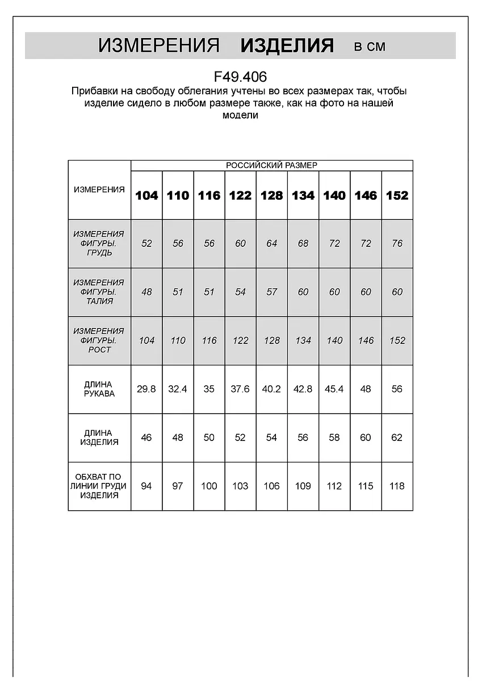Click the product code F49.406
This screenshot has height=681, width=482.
(240, 77)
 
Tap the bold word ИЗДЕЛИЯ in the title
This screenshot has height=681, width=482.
(287, 45)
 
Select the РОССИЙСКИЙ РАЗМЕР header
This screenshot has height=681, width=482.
(271, 165)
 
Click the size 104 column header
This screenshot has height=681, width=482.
(146, 195)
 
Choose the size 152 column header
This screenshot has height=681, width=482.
(397, 195)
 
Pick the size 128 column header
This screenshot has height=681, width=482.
(271, 195)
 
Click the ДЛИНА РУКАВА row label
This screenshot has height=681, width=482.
(99, 389)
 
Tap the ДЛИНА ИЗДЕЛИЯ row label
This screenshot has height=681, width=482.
(99, 438)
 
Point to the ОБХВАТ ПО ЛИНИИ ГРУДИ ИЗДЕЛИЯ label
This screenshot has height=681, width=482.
(99, 486)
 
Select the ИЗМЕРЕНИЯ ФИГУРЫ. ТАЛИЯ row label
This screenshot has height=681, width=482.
(99, 292)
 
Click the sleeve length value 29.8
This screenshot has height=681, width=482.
(146, 389)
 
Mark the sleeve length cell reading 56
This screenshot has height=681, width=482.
(397, 389)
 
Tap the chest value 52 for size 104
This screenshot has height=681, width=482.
(146, 243)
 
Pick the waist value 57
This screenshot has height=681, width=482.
(271, 292)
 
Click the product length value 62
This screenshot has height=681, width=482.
(397, 438)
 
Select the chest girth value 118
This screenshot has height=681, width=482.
(397, 486)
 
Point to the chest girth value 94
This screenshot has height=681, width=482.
(146, 486)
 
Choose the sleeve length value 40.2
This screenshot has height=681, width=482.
(271, 389)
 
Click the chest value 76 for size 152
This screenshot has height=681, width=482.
(397, 243)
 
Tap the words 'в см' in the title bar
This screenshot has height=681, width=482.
(370, 47)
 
